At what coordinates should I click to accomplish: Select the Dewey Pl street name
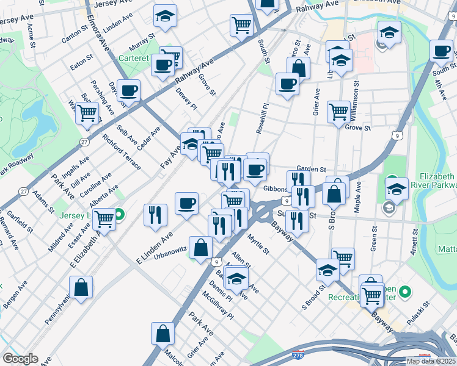[x=186, y=98]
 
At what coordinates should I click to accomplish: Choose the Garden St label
[x=312, y=170]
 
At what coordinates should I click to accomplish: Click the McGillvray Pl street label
[x=219, y=306]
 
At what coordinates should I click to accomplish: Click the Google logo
[x=21, y=358]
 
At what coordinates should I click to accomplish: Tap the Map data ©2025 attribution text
[x=431, y=361]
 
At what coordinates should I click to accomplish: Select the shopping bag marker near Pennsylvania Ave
[x=81, y=287]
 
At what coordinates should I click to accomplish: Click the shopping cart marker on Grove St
[x=338, y=112]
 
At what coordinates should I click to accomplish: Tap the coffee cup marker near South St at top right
[x=441, y=51]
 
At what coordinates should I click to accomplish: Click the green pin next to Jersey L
[x=120, y=215]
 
